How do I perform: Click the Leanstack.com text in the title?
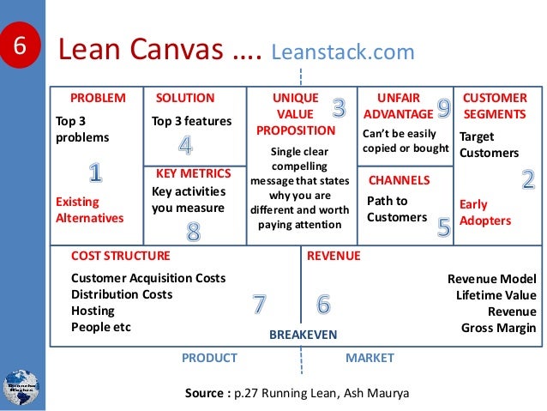[x=342, y=52]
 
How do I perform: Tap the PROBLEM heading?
[x=97, y=98]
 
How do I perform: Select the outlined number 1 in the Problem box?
[x=95, y=172]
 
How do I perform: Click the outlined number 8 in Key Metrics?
[x=193, y=231]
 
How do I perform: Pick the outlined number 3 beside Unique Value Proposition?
[x=340, y=107]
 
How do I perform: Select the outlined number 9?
[x=443, y=107]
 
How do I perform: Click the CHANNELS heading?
[x=398, y=180]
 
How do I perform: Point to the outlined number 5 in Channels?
[x=443, y=227]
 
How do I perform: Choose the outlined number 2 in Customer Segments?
[x=527, y=179]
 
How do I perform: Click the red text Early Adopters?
[x=484, y=212]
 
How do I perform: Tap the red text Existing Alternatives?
[x=89, y=209]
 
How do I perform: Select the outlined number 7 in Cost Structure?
[x=258, y=303]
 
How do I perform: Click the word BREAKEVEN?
[x=303, y=334]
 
